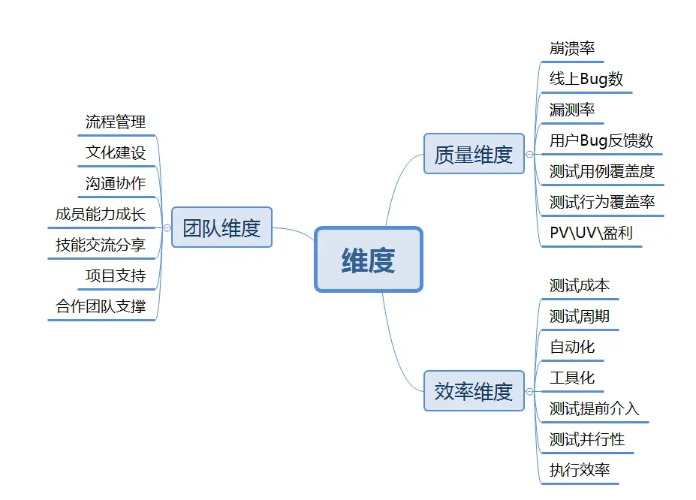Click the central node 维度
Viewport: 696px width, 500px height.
tap(369, 260)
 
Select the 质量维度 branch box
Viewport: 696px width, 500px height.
tap(474, 154)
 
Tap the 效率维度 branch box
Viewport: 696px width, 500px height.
tap(474, 391)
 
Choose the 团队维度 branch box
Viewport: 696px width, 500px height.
tap(221, 227)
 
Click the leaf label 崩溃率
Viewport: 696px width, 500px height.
tap(572, 49)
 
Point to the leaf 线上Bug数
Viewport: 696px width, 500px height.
tap(586, 80)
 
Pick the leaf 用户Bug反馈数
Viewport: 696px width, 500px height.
tap(601, 140)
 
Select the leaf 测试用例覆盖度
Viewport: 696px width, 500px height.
tap(602, 171)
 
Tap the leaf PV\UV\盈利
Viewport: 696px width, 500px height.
tap(591, 233)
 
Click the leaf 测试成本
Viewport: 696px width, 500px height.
tap(580, 286)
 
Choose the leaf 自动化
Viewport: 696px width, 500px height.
tap(572, 347)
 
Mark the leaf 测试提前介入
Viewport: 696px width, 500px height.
tap(595, 408)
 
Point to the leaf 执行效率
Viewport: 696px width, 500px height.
tap(580, 471)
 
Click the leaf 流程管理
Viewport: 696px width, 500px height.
tap(116, 122)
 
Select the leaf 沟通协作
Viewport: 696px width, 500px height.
tap(116, 183)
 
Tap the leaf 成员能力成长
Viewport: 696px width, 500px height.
tap(101, 214)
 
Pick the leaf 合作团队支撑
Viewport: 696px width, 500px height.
tap(101, 306)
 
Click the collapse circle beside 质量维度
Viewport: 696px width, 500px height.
tap(529, 154)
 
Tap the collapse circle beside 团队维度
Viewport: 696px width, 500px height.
tap(167, 227)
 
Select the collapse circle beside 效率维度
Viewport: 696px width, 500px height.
tap(529, 391)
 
